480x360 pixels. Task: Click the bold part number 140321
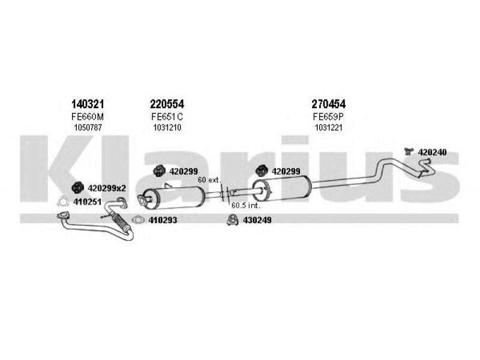(x=88, y=104)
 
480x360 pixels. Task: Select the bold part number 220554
(x=167, y=104)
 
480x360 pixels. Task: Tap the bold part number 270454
(x=328, y=104)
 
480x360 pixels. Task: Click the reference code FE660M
(x=88, y=116)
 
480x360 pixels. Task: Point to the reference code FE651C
(x=167, y=116)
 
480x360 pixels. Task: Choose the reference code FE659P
(x=328, y=116)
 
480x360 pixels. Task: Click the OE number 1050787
(x=88, y=127)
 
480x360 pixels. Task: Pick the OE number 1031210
(x=167, y=127)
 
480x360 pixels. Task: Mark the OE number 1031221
(x=328, y=127)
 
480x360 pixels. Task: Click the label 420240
(x=432, y=152)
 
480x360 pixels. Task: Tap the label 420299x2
(x=107, y=188)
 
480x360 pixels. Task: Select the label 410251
(x=87, y=202)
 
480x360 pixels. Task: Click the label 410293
(x=163, y=220)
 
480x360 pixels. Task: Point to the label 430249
(x=257, y=220)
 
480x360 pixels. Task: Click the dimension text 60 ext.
(x=209, y=180)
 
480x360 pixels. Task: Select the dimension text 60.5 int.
(x=246, y=205)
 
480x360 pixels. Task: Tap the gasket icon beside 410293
(x=139, y=220)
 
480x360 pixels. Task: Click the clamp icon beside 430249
(x=233, y=220)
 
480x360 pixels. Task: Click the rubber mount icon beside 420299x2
(x=78, y=188)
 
